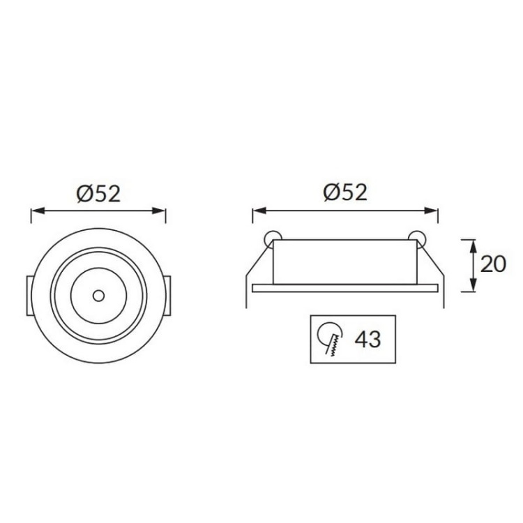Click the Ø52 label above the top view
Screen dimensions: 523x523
[98, 192]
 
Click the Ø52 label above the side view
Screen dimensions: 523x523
[344, 192]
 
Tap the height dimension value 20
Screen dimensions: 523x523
[493, 264]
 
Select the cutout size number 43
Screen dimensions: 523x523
[367, 340]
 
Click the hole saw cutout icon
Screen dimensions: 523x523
[330, 340]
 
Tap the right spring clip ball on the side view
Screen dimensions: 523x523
[418, 236]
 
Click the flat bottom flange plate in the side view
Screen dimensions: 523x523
[344, 286]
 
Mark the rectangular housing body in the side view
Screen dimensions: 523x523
[344, 262]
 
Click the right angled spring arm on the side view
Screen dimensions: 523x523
[434, 268]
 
